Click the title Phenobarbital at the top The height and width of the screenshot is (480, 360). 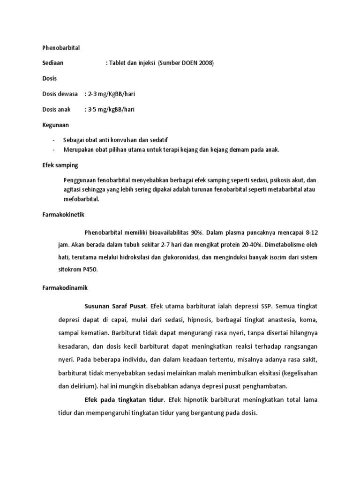[x=61, y=48]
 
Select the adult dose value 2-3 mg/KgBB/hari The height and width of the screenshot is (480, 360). [x=112, y=94]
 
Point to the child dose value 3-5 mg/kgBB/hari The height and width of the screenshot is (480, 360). [x=111, y=110]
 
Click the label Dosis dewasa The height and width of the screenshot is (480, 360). [x=60, y=94]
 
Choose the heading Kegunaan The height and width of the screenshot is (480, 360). [x=55, y=125]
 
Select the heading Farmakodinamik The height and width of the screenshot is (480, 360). [x=64, y=287]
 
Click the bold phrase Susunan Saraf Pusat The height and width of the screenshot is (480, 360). [x=116, y=306]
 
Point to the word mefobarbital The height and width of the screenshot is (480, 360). [x=81, y=199]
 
